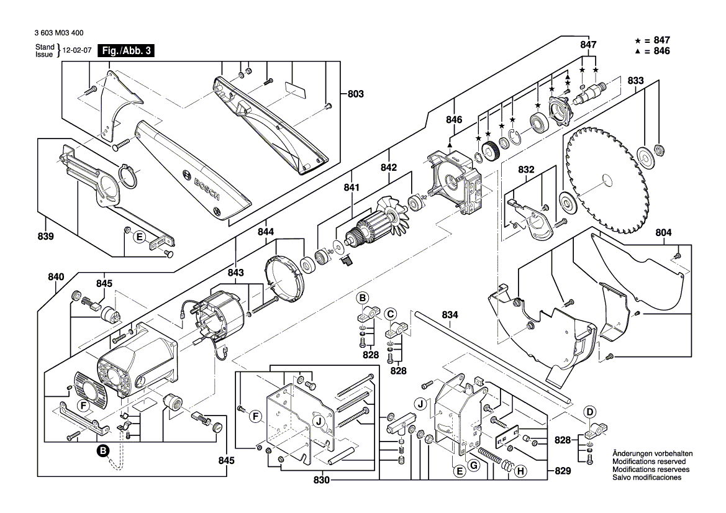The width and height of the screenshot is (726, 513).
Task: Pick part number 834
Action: (450, 315)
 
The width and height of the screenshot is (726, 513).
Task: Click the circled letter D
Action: (590, 412)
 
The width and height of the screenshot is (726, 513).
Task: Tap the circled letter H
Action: (520, 472)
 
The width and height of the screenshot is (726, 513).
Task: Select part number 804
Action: (663, 233)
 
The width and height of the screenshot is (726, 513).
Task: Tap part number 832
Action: (526, 169)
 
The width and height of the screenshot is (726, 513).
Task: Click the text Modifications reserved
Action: (649, 462)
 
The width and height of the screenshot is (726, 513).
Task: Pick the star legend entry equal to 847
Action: (653, 40)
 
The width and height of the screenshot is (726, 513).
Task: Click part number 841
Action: (352, 187)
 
